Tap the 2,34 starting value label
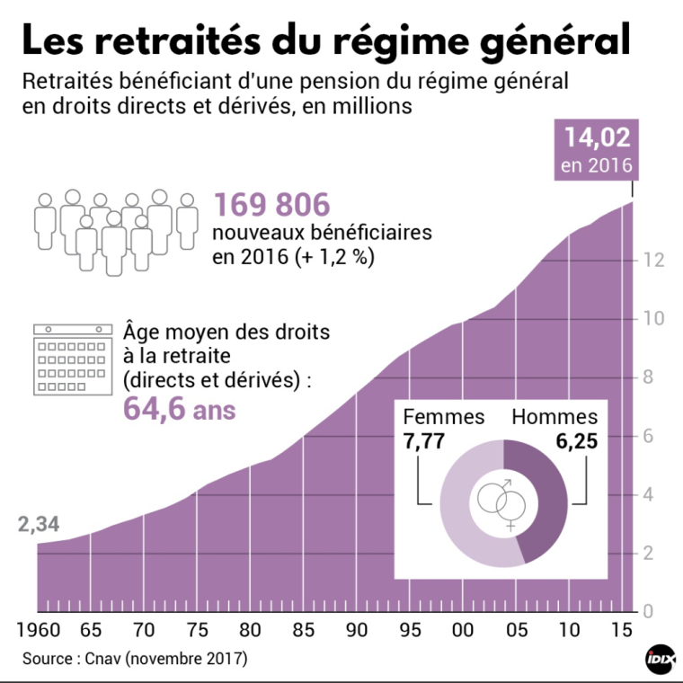click(x=37, y=525)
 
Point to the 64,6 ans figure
click(x=179, y=409)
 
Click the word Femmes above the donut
click(x=444, y=417)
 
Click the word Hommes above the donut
click(x=554, y=417)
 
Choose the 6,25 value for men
click(x=575, y=441)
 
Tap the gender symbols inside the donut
click(x=502, y=504)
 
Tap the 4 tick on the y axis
click(x=649, y=495)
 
